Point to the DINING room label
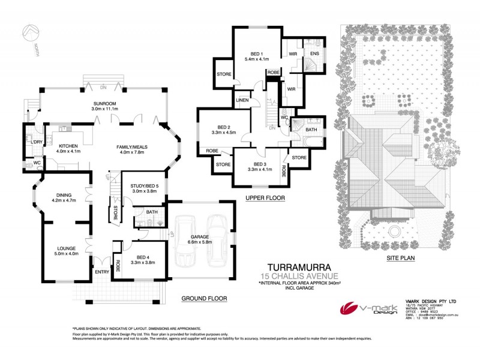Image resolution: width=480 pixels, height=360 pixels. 64,195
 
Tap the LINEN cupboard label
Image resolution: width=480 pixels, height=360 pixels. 242,100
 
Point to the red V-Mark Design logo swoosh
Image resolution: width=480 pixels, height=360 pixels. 350,309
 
